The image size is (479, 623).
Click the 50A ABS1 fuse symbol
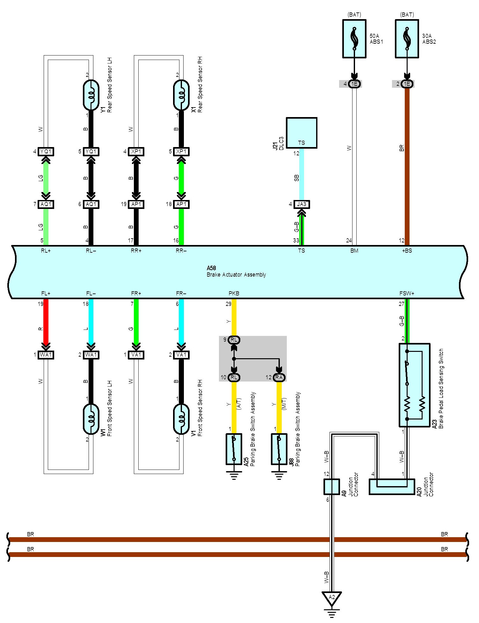[x=354, y=39]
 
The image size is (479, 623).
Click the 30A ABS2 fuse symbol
[x=407, y=39]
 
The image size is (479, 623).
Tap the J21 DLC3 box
[x=301, y=133]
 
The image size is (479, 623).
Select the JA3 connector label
[x=301, y=204]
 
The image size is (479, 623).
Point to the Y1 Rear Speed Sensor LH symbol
[x=91, y=95]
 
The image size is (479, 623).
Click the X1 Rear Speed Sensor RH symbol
[x=181, y=95]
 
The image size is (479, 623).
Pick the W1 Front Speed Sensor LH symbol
[x=91, y=419]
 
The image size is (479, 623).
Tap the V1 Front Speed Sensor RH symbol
[x=181, y=419]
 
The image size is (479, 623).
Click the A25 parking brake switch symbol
[x=234, y=449]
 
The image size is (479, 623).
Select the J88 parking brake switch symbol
[x=279, y=449]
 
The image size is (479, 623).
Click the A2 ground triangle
[x=332, y=597]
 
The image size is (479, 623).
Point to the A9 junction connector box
[x=332, y=487]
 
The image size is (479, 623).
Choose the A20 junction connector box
[x=392, y=487]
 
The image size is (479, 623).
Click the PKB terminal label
[x=234, y=293]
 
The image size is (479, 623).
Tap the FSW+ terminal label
[x=407, y=293]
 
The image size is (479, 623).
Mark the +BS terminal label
[x=407, y=251]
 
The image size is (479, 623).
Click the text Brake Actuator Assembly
[x=236, y=275]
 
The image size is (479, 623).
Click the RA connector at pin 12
[x=279, y=377]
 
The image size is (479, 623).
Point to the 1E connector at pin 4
[x=354, y=84]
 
